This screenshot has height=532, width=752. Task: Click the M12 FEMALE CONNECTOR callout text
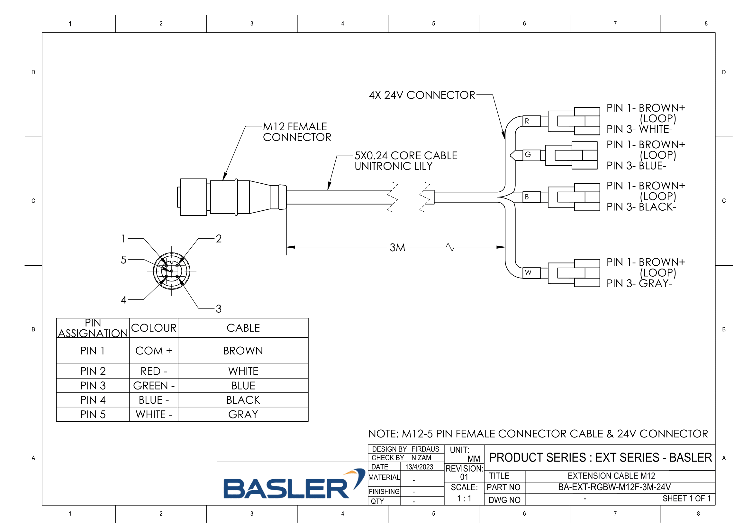click(x=297, y=132)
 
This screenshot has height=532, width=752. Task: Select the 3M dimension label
click(x=397, y=248)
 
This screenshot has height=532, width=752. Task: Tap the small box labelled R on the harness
click(x=531, y=121)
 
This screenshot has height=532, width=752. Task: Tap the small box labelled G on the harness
click(x=531, y=155)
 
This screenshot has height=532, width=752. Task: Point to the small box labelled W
click(x=531, y=272)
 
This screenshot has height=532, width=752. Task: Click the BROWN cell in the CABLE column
click(x=243, y=351)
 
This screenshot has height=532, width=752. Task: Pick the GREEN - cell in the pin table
click(x=154, y=386)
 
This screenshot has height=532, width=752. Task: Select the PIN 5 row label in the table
click(x=93, y=414)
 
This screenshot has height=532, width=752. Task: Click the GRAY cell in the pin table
click(x=243, y=414)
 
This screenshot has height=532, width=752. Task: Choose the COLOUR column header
click(x=154, y=328)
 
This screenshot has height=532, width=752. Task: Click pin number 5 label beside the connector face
click(x=123, y=260)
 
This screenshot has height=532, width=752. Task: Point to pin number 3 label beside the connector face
click(x=218, y=308)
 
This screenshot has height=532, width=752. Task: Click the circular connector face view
click(x=172, y=271)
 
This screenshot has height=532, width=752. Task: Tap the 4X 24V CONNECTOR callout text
click(x=422, y=95)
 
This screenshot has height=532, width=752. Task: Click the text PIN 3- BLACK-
click(x=641, y=207)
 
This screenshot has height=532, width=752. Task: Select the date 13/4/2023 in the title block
click(x=419, y=467)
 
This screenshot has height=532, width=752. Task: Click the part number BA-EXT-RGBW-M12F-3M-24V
click(x=614, y=487)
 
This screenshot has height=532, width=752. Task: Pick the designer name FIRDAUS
click(x=425, y=449)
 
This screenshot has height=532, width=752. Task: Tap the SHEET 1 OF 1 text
click(x=686, y=499)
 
